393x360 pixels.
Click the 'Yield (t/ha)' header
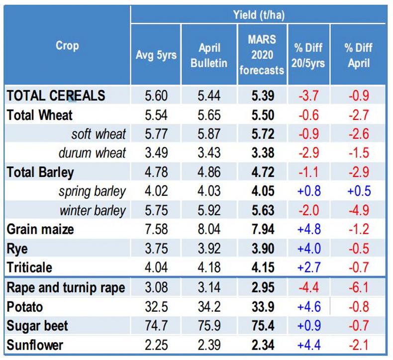click(259, 14)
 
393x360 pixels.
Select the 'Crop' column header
click(67, 46)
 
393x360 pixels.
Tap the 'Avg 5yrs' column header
click(156, 55)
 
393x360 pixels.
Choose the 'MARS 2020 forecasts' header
click(262, 55)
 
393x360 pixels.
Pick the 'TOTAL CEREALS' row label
click(56, 96)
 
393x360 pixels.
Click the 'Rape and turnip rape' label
click(66, 287)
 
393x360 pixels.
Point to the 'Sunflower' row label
click(35, 344)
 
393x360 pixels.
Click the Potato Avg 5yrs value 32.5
click(156, 306)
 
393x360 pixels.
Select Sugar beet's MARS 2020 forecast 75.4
click(262, 325)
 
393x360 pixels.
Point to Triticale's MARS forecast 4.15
click(262, 268)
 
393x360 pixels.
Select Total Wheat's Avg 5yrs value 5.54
click(156, 115)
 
